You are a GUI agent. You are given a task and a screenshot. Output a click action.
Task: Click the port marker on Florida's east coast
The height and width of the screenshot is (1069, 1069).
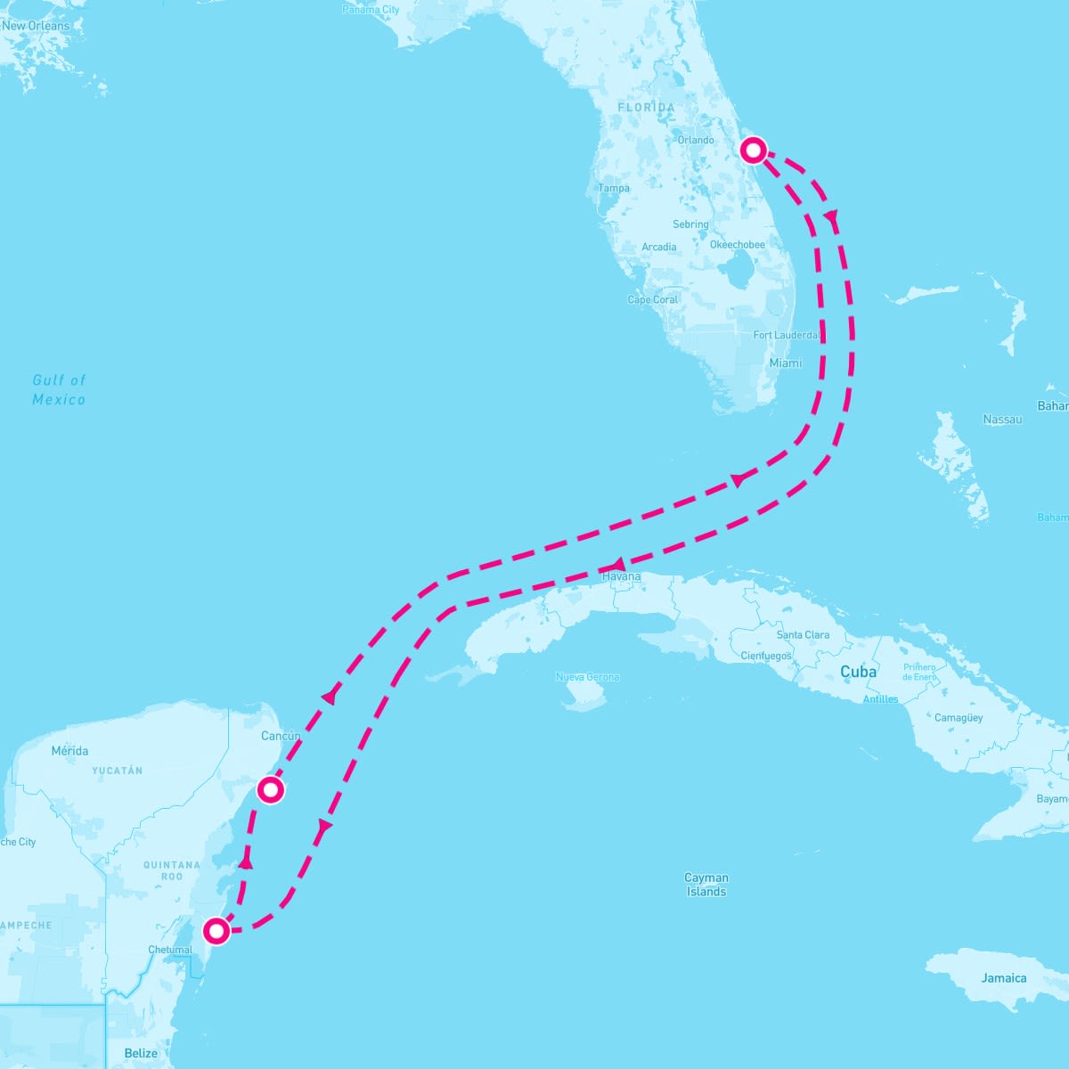(x=754, y=150)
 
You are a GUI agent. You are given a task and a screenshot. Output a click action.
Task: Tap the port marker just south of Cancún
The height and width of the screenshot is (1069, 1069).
(x=271, y=790)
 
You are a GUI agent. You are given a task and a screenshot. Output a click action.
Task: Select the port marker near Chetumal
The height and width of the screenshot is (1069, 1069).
(x=216, y=932)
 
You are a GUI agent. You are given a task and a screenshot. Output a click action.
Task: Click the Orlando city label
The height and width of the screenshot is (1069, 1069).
(x=695, y=140)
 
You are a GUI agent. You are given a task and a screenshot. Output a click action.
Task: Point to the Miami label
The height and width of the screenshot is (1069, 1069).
(x=786, y=363)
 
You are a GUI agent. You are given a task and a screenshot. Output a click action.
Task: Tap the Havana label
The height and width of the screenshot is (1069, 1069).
(x=621, y=576)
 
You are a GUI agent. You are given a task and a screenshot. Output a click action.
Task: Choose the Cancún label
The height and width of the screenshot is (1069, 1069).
(x=281, y=736)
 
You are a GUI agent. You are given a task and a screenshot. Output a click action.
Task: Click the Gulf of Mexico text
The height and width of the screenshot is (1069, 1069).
(x=59, y=389)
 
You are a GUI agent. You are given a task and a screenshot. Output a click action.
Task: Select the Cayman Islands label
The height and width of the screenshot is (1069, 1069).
(x=706, y=885)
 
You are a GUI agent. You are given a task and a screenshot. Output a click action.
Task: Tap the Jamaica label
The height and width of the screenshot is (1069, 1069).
(x=1004, y=978)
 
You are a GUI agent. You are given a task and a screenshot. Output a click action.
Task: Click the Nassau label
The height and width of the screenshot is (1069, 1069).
(x=1003, y=419)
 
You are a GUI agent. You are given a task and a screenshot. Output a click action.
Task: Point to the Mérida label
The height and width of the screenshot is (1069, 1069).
(x=69, y=751)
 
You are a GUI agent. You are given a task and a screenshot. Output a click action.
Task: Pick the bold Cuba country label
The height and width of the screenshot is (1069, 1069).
(x=858, y=672)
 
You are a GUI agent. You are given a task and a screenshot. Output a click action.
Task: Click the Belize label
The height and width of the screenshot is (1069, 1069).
(x=141, y=1053)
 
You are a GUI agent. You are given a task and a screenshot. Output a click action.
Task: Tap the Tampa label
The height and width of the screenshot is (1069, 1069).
(x=614, y=188)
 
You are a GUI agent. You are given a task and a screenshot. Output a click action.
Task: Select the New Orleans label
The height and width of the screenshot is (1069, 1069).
(x=36, y=26)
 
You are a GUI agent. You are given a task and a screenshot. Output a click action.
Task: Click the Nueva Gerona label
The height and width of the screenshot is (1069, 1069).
(x=587, y=677)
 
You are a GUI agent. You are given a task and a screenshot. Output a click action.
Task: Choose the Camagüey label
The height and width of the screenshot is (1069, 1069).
(x=959, y=717)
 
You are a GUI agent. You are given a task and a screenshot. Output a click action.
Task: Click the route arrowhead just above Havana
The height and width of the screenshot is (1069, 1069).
(x=616, y=565)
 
